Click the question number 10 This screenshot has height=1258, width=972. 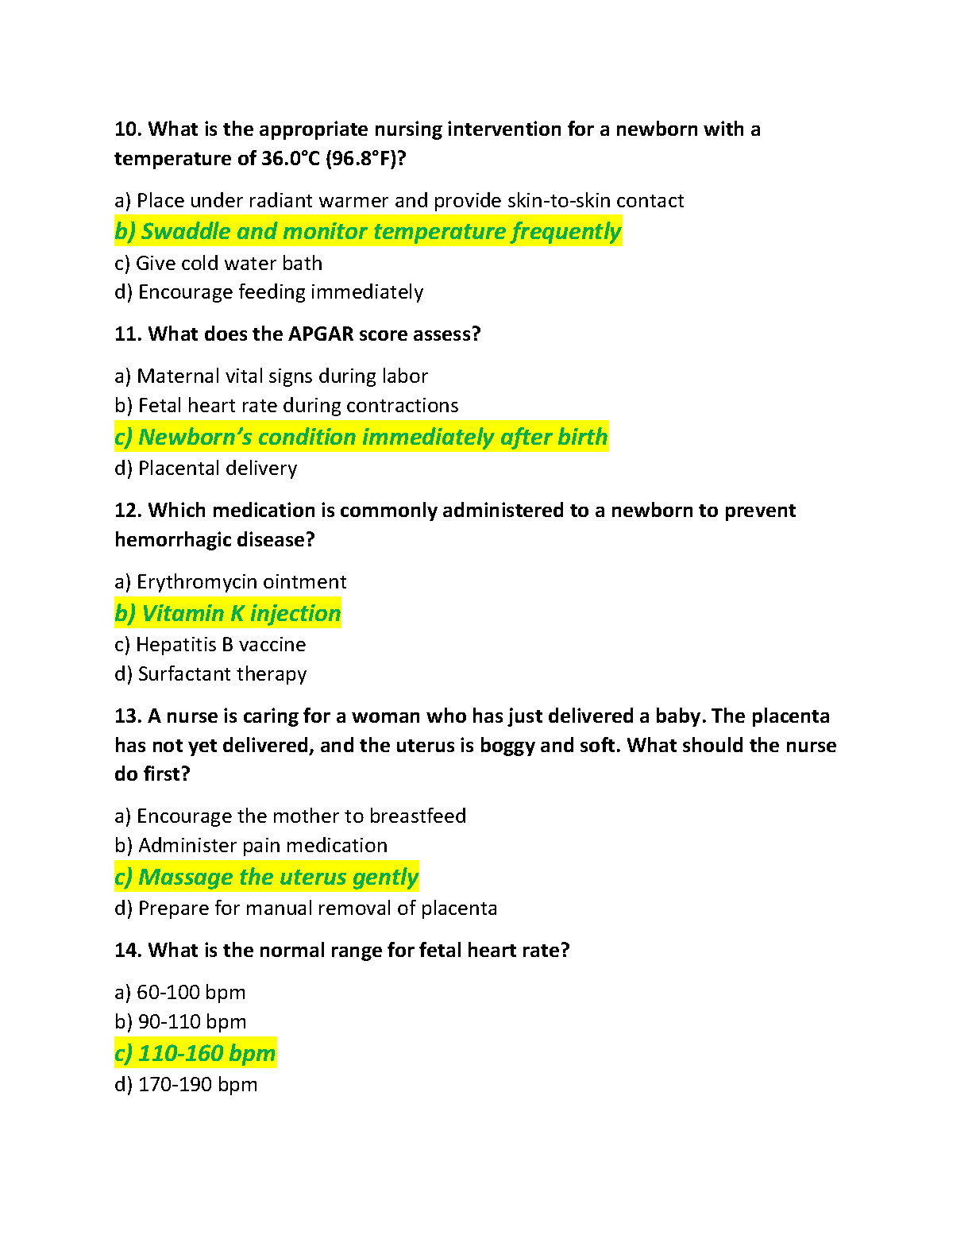tap(128, 129)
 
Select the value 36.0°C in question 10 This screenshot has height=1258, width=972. tap(291, 159)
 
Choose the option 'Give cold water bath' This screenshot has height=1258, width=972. tap(218, 264)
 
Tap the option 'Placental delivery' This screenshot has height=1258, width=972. tap(206, 469)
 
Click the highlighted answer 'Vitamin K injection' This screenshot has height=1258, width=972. tap(228, 614)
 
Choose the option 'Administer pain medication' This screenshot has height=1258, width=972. tap(251, 846)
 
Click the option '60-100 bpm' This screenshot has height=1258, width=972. tap(180, 993)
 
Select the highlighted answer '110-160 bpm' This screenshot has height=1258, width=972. tap(195, 1054)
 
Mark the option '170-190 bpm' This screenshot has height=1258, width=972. tap(186, 1085)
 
